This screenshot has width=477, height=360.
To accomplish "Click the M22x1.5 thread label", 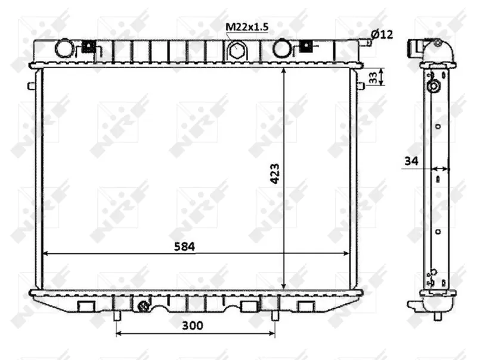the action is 247,27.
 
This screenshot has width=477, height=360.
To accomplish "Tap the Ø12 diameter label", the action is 382,35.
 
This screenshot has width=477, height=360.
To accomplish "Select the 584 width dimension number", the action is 184,247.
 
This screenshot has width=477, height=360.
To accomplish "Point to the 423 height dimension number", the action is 275,173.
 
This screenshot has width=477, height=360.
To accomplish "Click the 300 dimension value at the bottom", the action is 192,325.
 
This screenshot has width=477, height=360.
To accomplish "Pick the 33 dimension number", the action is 373,77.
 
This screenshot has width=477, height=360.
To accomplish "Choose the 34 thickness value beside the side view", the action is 411,161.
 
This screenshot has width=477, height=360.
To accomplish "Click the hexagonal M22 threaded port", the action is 235,50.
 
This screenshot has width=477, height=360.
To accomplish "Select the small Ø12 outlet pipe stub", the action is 368,42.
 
